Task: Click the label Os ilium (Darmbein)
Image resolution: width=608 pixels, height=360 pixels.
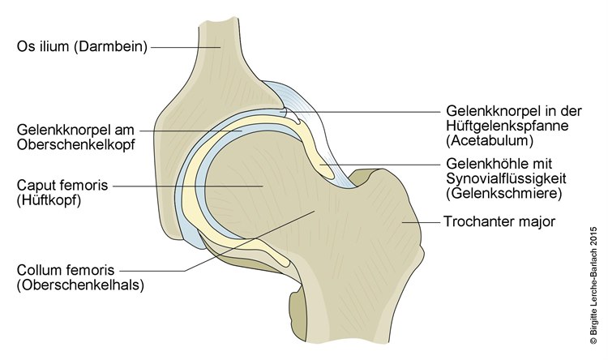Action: click(81, 46)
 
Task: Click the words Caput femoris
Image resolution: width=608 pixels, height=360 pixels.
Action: click(58, 185)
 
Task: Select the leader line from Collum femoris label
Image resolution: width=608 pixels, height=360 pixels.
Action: click(243, 243)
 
